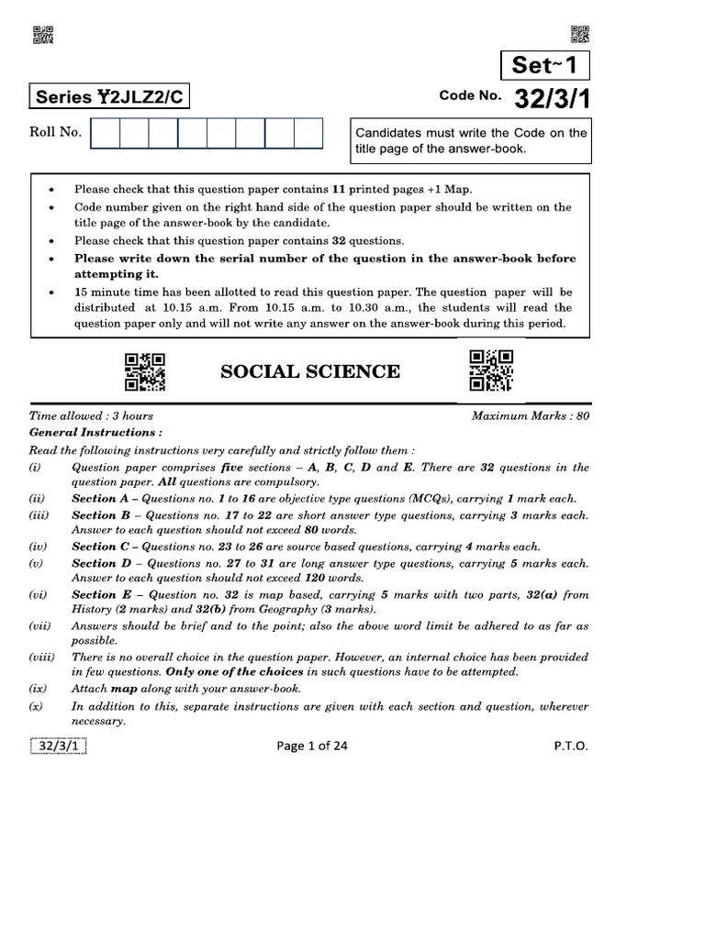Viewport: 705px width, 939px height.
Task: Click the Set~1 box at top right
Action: pos(545,65)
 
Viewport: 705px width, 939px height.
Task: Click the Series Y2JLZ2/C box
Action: pos(111,97)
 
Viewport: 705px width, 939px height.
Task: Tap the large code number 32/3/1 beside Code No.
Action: pos(553,98)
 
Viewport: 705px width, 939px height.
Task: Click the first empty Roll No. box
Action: pos(106,133)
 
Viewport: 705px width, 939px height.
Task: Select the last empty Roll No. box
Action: pos(308,133)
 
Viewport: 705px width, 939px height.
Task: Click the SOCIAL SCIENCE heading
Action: pos(309,371)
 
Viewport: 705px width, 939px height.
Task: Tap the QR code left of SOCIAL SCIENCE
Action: pos(144,372)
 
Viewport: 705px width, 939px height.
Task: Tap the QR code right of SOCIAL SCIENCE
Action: pos(491,370)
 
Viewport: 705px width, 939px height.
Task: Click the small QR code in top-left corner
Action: pos(43,35)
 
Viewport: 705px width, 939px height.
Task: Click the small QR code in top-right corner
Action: pos(580,35)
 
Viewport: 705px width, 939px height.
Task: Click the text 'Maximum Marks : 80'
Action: pos(530,415)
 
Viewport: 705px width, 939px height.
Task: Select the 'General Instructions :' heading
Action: pos(96,432)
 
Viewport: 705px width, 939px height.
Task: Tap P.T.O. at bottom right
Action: pos(570,746)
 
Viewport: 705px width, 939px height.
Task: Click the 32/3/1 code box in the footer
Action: pos(59,746)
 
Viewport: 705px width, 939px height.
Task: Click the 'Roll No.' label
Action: pos(56,132)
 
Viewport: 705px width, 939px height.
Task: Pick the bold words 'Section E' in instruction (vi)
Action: pos(95,595)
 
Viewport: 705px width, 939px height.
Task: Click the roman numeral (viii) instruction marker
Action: pos(42,657)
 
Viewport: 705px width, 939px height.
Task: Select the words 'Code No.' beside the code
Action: pos(470,96)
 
